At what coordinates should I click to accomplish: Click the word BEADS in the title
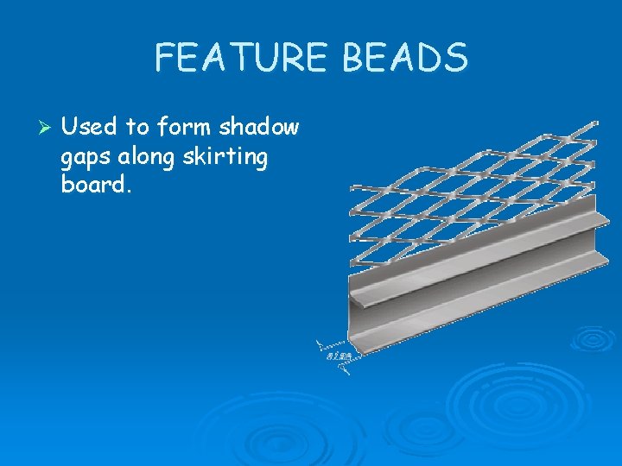405,59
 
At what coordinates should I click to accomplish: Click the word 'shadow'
258,128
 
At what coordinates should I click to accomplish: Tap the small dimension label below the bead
338,356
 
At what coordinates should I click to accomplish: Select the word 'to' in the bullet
137,128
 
